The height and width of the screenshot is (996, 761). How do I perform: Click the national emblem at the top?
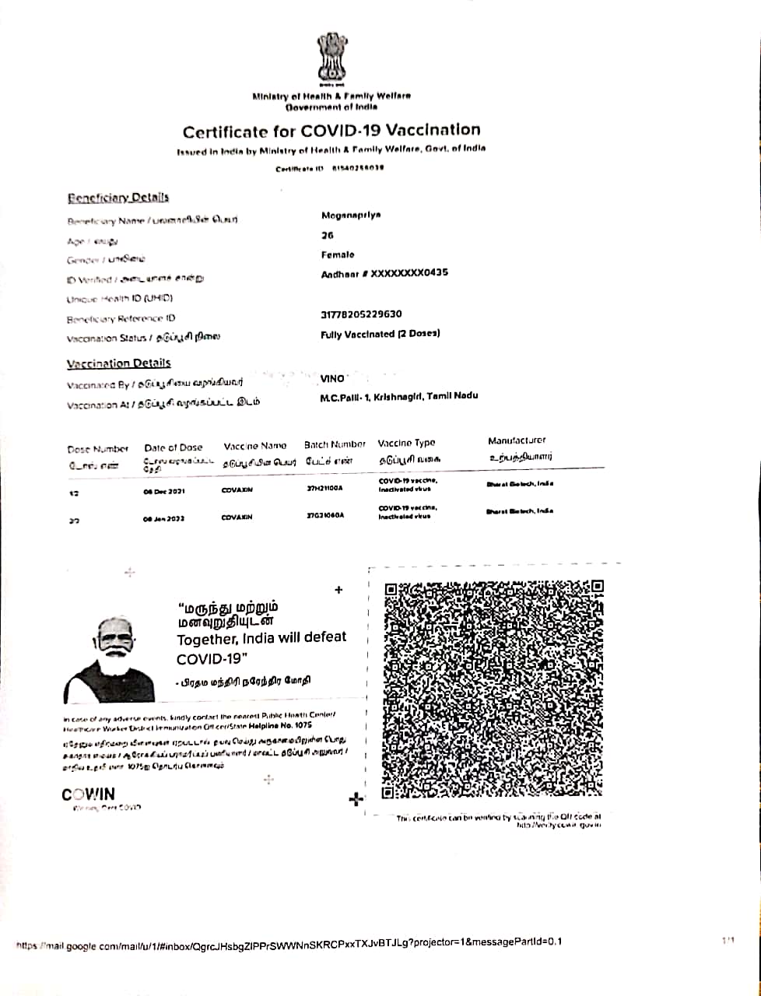(331, 59)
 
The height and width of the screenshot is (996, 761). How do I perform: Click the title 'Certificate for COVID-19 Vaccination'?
(331, 131)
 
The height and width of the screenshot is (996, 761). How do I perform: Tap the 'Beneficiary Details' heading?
(117, 198)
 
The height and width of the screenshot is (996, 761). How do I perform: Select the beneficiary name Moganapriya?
(351, 216)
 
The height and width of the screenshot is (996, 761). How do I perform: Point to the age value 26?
(327, 235)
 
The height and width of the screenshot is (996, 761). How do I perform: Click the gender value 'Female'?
(337, 254)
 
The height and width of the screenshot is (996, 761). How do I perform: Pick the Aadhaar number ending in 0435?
(384, 274)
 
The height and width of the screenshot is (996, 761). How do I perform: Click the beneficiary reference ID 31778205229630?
(361, 314)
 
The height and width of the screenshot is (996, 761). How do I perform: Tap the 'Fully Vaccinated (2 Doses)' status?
(380, 334)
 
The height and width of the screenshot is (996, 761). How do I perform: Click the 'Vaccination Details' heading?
(118, 363)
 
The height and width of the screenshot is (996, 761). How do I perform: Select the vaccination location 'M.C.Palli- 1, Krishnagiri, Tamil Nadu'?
(398, 396)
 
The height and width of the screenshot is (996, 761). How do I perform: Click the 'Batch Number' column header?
(335, 444)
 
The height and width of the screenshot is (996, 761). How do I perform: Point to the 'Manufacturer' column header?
(517, 440)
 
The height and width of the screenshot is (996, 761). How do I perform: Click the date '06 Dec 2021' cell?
(163, 492)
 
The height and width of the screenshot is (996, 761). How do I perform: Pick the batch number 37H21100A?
(325, 489)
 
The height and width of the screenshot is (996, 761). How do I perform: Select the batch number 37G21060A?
(325, 515)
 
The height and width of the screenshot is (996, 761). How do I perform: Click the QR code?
(493, 689)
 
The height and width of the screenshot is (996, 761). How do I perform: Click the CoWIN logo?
(88, 794)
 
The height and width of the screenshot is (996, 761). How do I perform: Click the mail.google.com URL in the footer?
(289, 943)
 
